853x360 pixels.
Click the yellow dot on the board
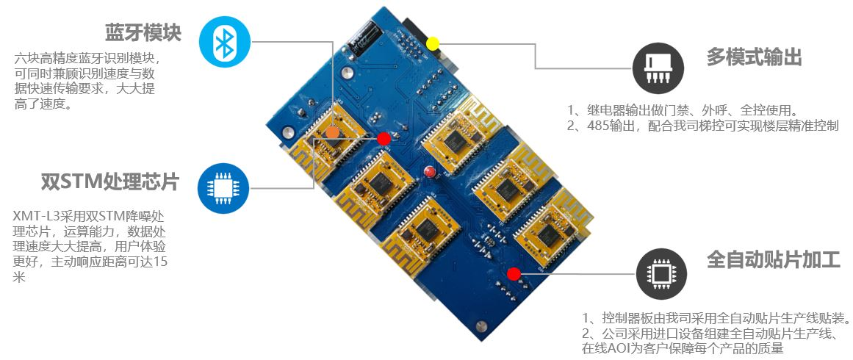tap(433, 43)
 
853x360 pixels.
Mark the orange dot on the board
tap(332, 132)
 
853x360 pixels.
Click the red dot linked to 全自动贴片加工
tap(514, 274)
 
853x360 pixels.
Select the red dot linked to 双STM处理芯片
tap(384, 138)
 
